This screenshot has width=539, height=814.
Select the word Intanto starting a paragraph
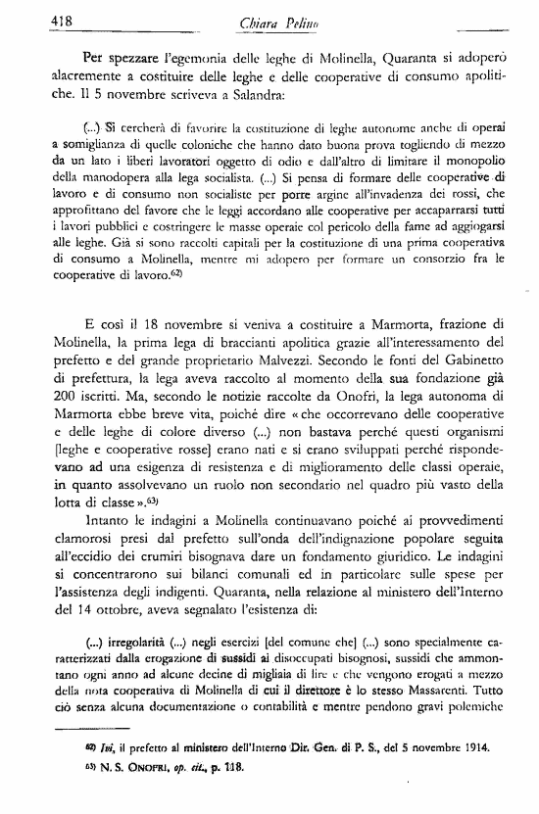[x=91, y=525]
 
